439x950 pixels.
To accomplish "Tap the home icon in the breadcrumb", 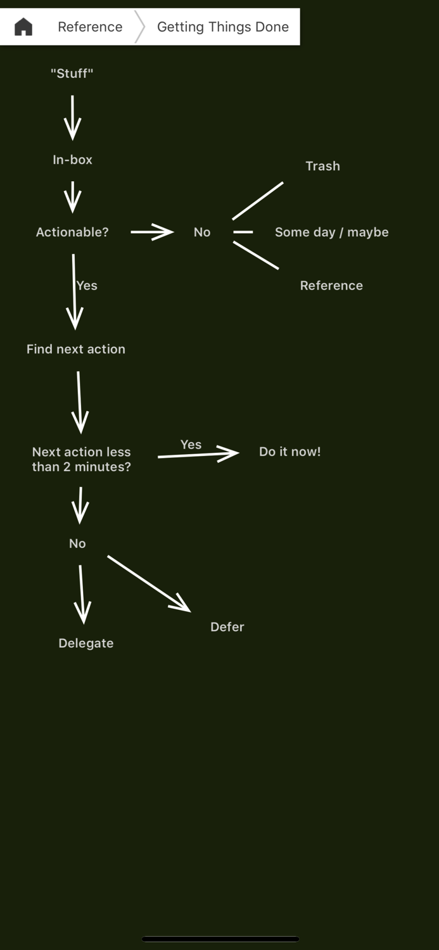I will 23,27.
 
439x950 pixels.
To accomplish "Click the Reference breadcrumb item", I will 90,27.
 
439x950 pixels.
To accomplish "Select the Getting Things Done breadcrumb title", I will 222,27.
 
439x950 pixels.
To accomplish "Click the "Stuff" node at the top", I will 72,73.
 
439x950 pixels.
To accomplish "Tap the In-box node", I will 72,160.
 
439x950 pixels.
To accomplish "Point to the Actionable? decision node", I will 72,232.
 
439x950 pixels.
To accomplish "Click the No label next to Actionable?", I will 202,232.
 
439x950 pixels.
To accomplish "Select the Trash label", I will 322,166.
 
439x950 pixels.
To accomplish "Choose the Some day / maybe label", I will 331,232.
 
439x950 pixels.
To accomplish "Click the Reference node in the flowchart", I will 331,286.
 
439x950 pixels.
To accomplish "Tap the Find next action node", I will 76,349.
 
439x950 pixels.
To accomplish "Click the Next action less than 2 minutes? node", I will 81,459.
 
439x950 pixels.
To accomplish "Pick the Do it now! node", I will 289,452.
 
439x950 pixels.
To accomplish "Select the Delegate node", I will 86,643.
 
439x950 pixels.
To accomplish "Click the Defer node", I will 227,627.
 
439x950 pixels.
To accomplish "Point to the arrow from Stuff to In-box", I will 73,118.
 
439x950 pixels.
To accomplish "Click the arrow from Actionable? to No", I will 152,232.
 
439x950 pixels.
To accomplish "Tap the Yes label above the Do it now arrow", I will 191,445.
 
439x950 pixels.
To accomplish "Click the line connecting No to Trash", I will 258,201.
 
